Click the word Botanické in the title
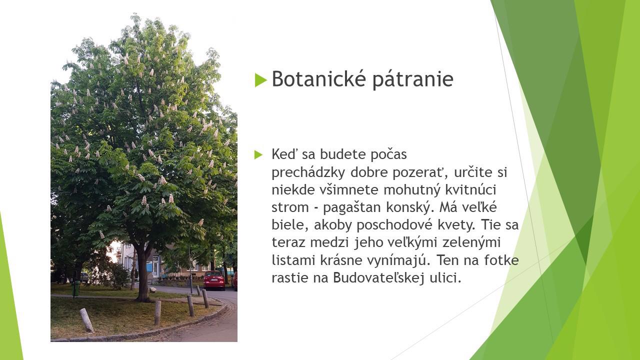click(x=318, y=78)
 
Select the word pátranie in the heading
click(x=413, y=79)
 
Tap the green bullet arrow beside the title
click(x=261, y=80)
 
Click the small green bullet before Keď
click(x=258, y=154)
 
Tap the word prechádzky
click(x=308, y=172)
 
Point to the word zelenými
click(x=471, y=242)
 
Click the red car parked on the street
click(x=214, y=280)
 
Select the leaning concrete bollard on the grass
click(x=86, y=320)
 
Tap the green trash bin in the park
click(x=76, y=288)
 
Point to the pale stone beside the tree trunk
click(x=153, y=289)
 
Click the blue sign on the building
click(x=149, y=267)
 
